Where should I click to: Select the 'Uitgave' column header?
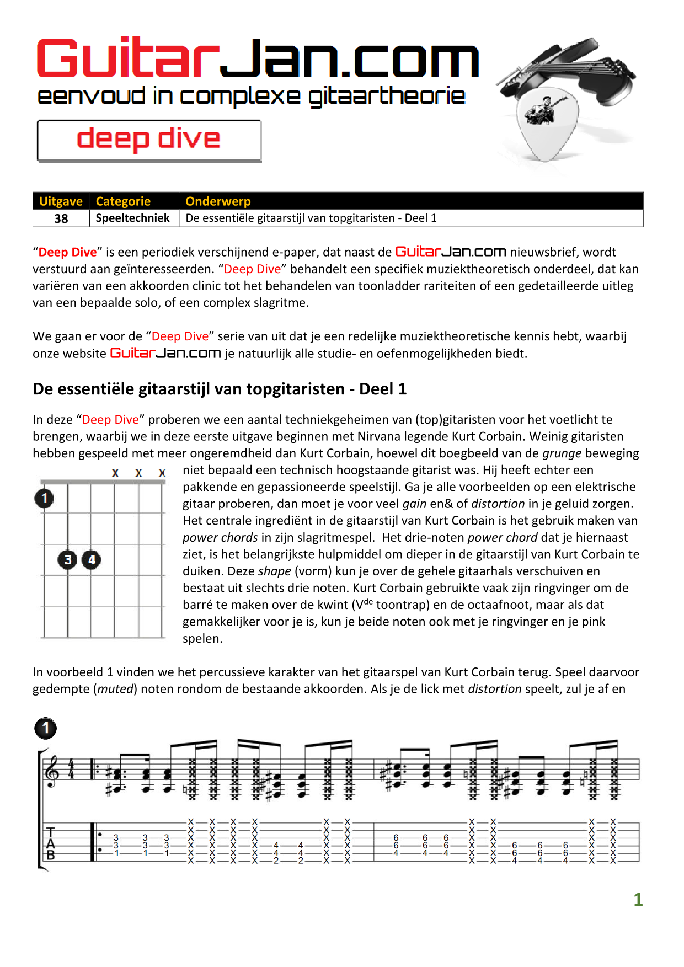(61, 201)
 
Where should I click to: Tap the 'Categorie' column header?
(123, 201)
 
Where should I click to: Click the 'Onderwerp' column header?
(218, 201)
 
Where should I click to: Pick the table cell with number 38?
(61, 218)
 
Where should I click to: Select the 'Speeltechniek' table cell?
(132, 218)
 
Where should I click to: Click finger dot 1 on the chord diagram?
(44, 499)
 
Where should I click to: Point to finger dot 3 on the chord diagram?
(68, 560)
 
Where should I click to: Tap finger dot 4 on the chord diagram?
(92, 560)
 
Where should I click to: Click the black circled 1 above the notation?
(46, 728)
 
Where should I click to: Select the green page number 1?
(638, 900)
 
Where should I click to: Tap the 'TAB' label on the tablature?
(51, 844)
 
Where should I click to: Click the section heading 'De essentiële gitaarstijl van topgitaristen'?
(220, 389)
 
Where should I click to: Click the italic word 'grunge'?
(562, 453)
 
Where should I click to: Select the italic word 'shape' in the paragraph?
(274, 571)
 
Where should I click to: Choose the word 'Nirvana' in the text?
(380, 436)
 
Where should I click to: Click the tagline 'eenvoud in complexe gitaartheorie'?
(251, 96)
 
